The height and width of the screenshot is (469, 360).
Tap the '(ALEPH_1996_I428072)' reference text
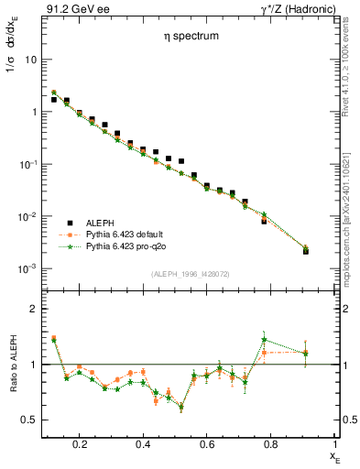tap(190, 274)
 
